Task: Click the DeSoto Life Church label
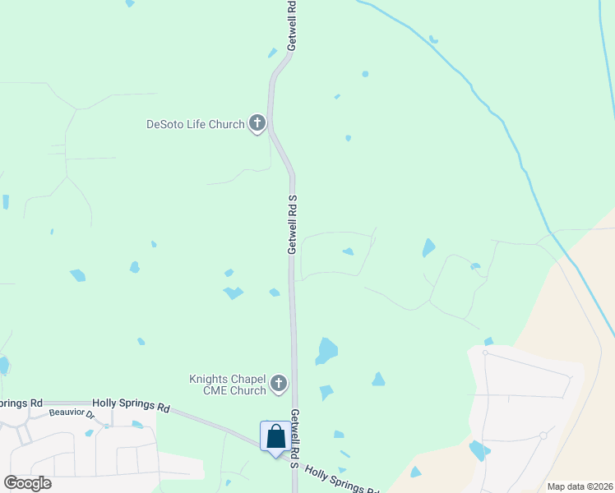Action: point(195,125)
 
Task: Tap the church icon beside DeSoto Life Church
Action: point(257,124)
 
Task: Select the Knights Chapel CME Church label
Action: point(228,385)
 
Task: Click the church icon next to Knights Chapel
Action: point(279,383)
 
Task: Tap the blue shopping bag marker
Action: point(275,436)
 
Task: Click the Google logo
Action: point(27,482)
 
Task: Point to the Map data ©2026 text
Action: point(580,486)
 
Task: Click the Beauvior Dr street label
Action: point(72,414)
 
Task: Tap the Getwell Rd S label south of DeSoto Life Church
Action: point(292,224)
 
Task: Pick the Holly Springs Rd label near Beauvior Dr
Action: point(131,406)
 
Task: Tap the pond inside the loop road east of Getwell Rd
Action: point(349,251)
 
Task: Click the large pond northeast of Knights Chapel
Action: point(326,351)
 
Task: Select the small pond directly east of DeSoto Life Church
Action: point(348,138)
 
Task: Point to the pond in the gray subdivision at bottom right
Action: point(477,450)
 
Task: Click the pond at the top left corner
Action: point(129,3)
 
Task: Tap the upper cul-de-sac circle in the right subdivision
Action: point(486,352)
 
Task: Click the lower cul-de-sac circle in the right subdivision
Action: point(543,435)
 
